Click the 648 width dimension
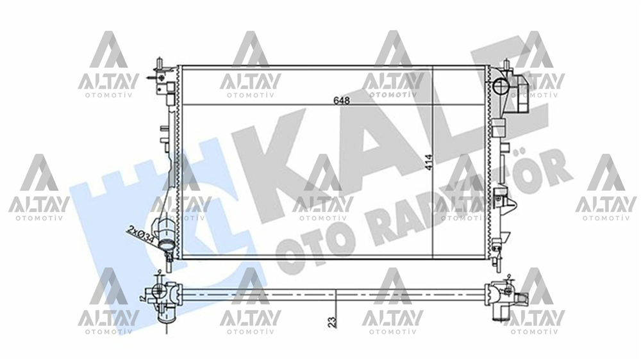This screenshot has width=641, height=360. click(x=342, y=101)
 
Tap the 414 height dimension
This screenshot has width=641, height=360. click(x=428, y=163)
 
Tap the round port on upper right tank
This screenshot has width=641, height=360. click(x=502, y=86)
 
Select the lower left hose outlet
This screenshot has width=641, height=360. click(x=166, y=245)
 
